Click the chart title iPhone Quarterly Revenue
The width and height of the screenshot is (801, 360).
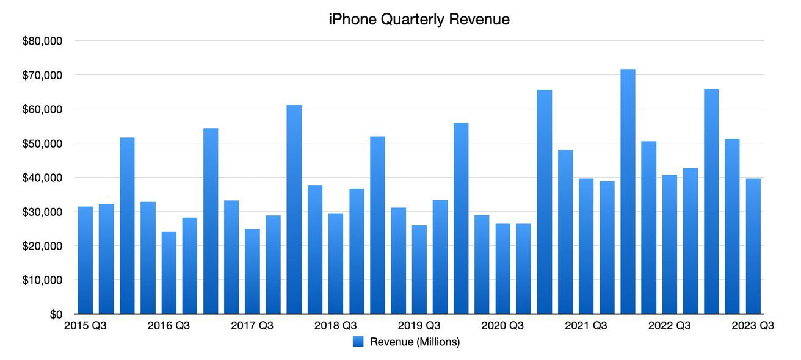419,20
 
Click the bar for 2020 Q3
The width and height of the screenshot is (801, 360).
502,268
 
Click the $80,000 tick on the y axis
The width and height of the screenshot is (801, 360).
42,41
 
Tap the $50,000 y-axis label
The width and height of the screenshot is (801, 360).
42,144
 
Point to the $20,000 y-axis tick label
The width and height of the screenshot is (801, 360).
42,247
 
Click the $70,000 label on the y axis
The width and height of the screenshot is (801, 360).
42,76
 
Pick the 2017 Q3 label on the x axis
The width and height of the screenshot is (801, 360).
252,326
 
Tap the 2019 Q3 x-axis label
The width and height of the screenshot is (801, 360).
419,326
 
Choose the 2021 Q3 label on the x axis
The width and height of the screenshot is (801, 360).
586,326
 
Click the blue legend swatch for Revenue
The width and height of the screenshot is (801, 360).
358,342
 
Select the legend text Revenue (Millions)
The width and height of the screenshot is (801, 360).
415,342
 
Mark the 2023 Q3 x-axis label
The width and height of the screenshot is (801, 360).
753,326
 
